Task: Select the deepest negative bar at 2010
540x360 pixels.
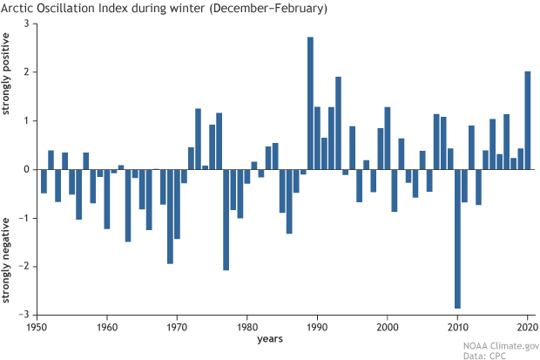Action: (457, 239)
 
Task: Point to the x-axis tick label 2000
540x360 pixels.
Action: (387, 326)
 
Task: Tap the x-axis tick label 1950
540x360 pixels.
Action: (37, 326)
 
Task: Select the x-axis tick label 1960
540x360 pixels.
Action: (106, 326)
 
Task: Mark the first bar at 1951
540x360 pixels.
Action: (44, 180)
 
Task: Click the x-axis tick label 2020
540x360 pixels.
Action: (526, 326)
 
